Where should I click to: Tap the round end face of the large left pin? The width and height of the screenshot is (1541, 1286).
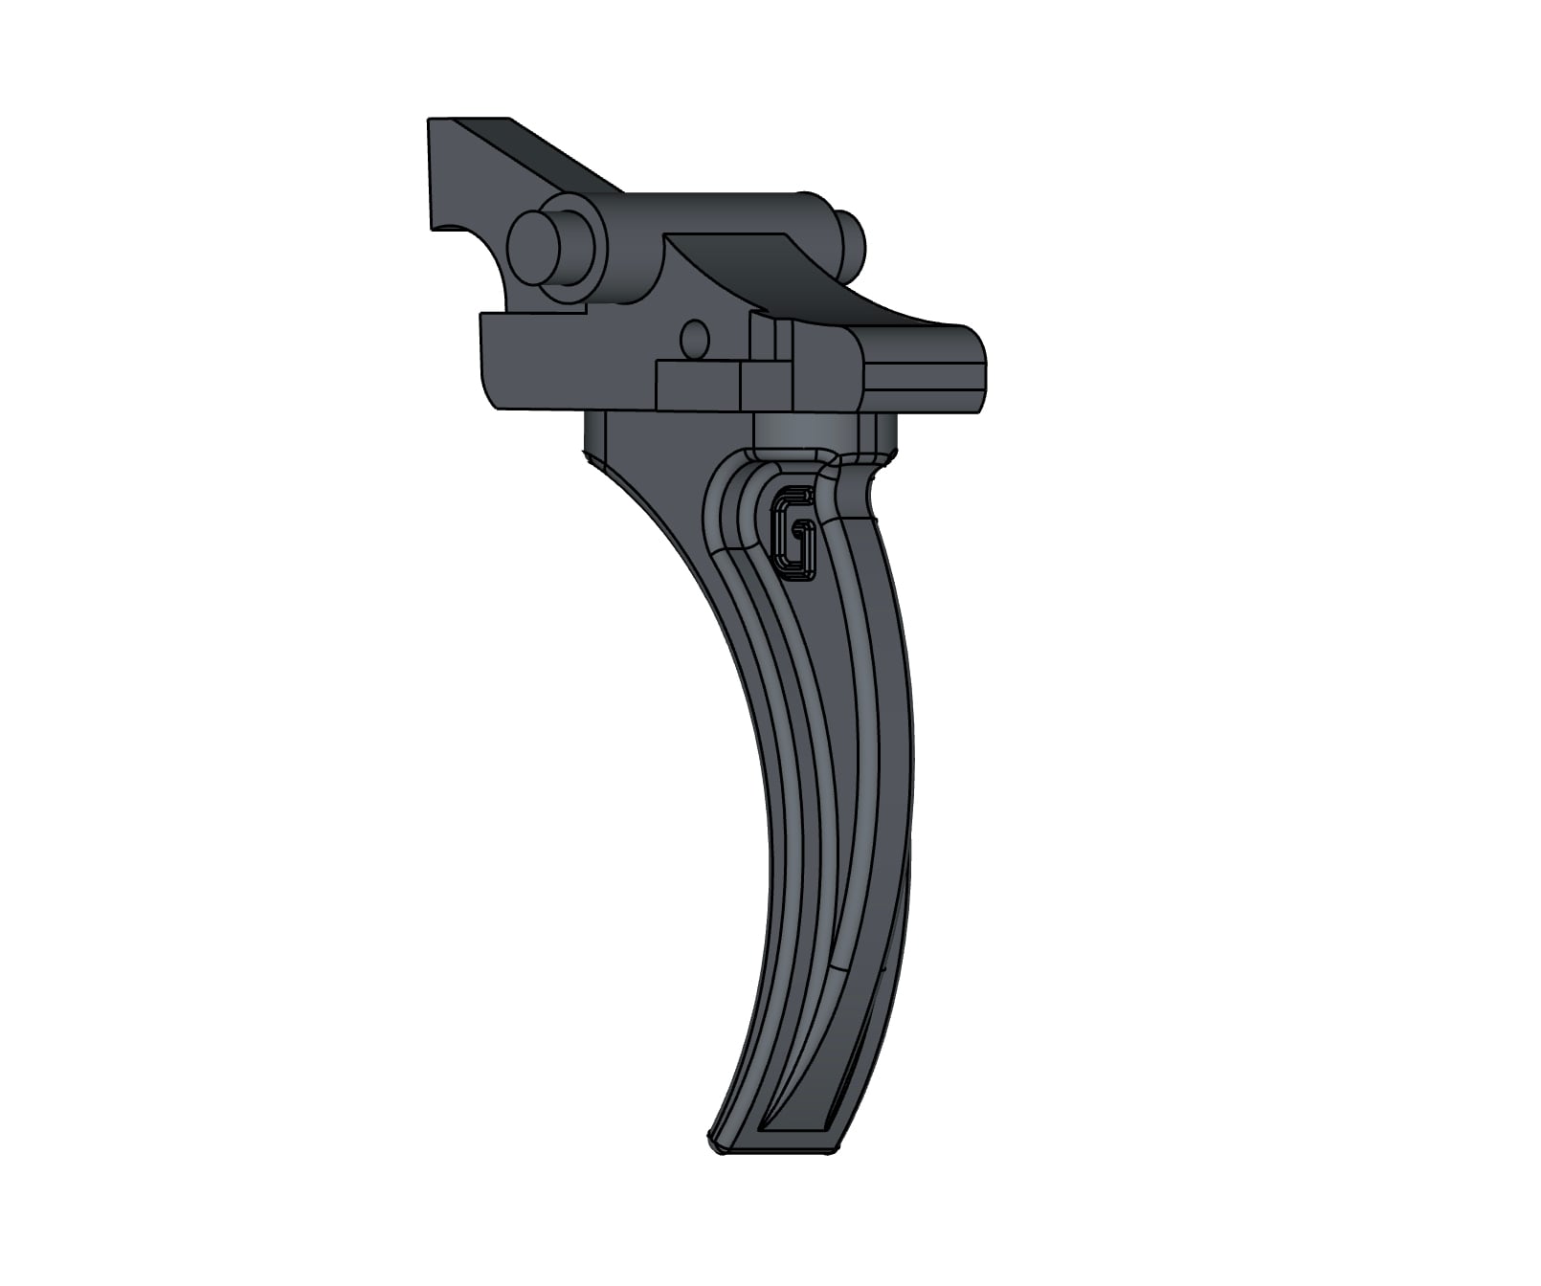[532, 245]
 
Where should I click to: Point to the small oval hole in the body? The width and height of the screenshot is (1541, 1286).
[696, 338]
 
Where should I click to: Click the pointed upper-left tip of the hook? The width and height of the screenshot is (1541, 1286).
[430, 120]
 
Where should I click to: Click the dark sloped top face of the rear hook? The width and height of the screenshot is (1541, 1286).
[536, 153]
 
